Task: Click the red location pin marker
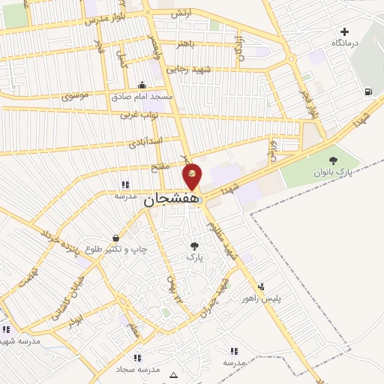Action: coord(193,177)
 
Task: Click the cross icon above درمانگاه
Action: coord(344,31)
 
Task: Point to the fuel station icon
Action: coord(367,92)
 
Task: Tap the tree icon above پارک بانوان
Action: coord(333,160)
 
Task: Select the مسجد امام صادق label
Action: coord(142,97)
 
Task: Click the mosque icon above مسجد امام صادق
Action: coord(142,85)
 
